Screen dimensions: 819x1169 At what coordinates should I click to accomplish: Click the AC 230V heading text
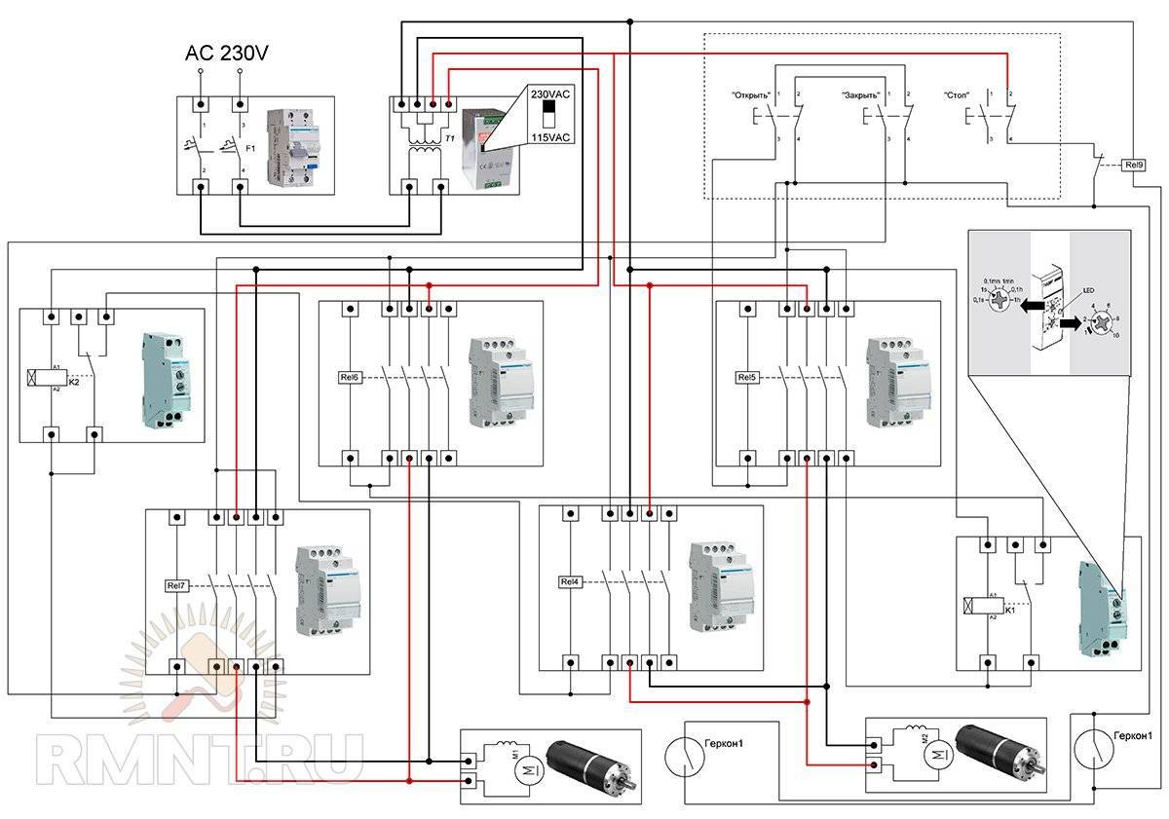(x=226, y=55)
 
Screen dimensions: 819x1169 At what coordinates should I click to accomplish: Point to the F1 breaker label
(x=249, y=149)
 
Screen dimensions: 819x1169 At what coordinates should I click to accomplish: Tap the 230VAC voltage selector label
(x=548, y=94)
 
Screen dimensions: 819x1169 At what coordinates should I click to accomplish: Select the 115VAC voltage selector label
(x=548, y=137)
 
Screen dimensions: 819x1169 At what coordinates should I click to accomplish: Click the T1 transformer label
(x=449, y=139)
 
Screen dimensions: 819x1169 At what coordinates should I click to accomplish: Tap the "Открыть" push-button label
(x=751, y=95)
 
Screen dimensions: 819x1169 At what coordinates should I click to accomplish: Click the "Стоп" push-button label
(x=958, y=95)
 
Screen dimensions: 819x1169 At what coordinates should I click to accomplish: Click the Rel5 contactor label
(x=747, y=376)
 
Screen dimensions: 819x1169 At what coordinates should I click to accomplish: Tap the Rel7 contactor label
(x=175, y=585)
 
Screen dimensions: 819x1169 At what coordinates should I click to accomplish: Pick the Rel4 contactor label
(x=569, y=581)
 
